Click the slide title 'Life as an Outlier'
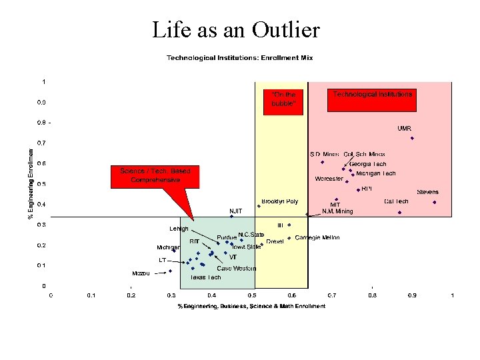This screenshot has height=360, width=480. click(235, 29)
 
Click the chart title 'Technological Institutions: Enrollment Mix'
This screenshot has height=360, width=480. click(239, 58)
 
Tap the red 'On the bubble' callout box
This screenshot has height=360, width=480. click(283, 99)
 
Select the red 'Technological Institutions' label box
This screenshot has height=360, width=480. click(373, 95)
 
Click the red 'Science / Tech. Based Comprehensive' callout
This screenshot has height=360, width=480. click(155, 175)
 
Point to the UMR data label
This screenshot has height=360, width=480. click(404, 128)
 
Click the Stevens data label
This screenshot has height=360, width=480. click(427, 192)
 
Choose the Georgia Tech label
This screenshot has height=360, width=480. click(367, 164)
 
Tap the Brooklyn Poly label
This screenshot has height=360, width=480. click(280, 201)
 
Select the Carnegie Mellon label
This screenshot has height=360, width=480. click(317, 238)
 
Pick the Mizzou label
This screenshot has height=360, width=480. click(141, 273)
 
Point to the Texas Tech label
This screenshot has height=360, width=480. click(205, 277)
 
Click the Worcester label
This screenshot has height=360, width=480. click(329, 179)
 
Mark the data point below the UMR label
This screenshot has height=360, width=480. click(412, 138)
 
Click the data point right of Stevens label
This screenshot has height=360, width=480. click(434, 202)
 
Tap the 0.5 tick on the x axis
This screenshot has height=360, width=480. click(252, 295)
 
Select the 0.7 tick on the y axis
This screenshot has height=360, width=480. click(41, 143)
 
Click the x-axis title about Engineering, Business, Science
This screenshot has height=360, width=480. click(251, 307)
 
